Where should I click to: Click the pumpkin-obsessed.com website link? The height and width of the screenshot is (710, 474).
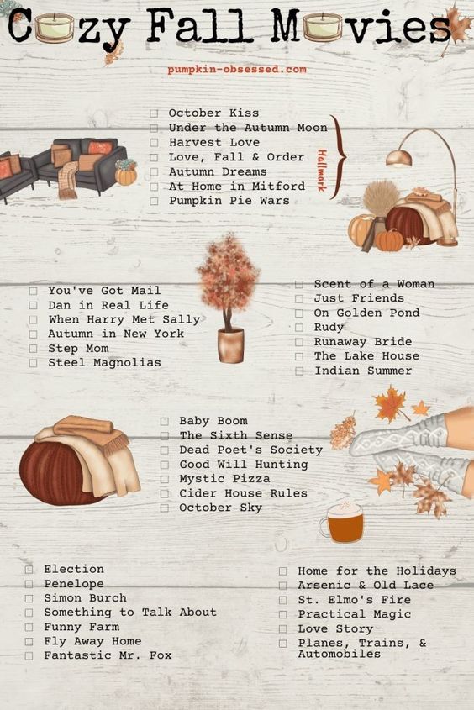[x=237, y=69]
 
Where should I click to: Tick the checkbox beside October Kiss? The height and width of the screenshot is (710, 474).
[x=154, y=113]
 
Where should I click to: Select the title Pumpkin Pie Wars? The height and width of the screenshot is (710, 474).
[x=229, y=201]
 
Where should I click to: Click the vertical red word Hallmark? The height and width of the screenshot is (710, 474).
[x=321, y=171]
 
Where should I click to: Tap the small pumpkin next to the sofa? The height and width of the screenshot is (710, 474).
[x=125, y=173]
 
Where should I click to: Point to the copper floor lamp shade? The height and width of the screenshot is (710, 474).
[x=399, y=159]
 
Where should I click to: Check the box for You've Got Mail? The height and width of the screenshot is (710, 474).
[x=33, y=291]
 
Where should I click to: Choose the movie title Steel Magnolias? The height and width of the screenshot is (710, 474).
[x=104, y=363]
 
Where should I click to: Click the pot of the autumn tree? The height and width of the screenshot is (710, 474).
[x=231, y=345]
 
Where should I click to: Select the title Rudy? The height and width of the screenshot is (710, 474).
[x=329, y=328]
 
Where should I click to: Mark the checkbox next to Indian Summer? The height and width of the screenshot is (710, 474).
[x=299, y=371]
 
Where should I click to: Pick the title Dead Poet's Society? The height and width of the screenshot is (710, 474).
[x=250, y=450]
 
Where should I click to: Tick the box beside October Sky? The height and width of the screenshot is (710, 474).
[x=165, y=508]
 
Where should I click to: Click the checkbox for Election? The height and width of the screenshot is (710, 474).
[x=29, y=569]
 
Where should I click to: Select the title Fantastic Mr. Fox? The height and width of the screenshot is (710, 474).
[x=108, y=655]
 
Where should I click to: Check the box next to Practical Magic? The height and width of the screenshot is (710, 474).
[x=283, y=614]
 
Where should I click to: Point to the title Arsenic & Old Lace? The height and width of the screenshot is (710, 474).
[x=366, y=586]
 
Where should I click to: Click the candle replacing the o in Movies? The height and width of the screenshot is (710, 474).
[x=323, y=26]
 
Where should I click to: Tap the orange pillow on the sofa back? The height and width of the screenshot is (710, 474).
[x=100, y=148]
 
